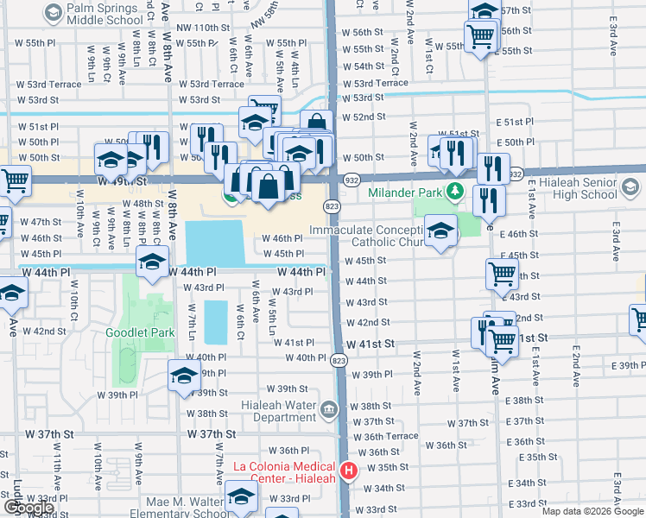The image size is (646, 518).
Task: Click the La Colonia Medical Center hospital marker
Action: [349, 471]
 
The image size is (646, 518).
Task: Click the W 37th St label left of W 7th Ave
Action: [212, 433]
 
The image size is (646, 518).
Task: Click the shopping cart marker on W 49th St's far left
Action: [15, 180]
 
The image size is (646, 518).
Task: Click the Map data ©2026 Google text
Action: [592, 511]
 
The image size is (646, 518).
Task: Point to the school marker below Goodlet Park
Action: [185, 376]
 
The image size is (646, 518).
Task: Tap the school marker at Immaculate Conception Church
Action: [440, 231]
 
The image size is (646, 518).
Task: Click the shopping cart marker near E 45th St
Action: [502, 274]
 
